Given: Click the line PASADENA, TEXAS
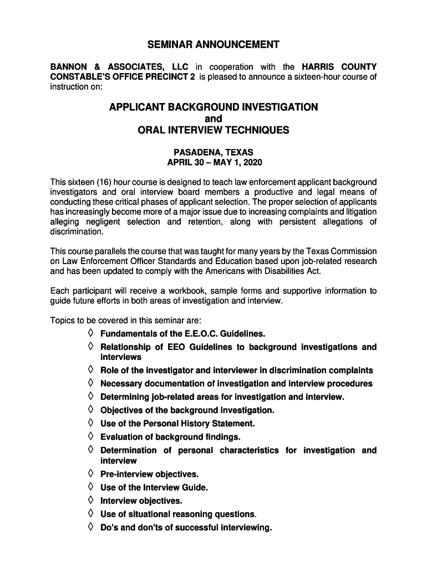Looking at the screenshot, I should click(213, 152).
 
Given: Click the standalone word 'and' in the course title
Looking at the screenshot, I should click(213, 118).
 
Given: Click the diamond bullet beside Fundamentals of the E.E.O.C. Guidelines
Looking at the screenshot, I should click(90, 333).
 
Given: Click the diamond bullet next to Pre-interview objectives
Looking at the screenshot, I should click(90, 474).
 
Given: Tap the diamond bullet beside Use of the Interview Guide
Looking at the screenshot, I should click(90, 487).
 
